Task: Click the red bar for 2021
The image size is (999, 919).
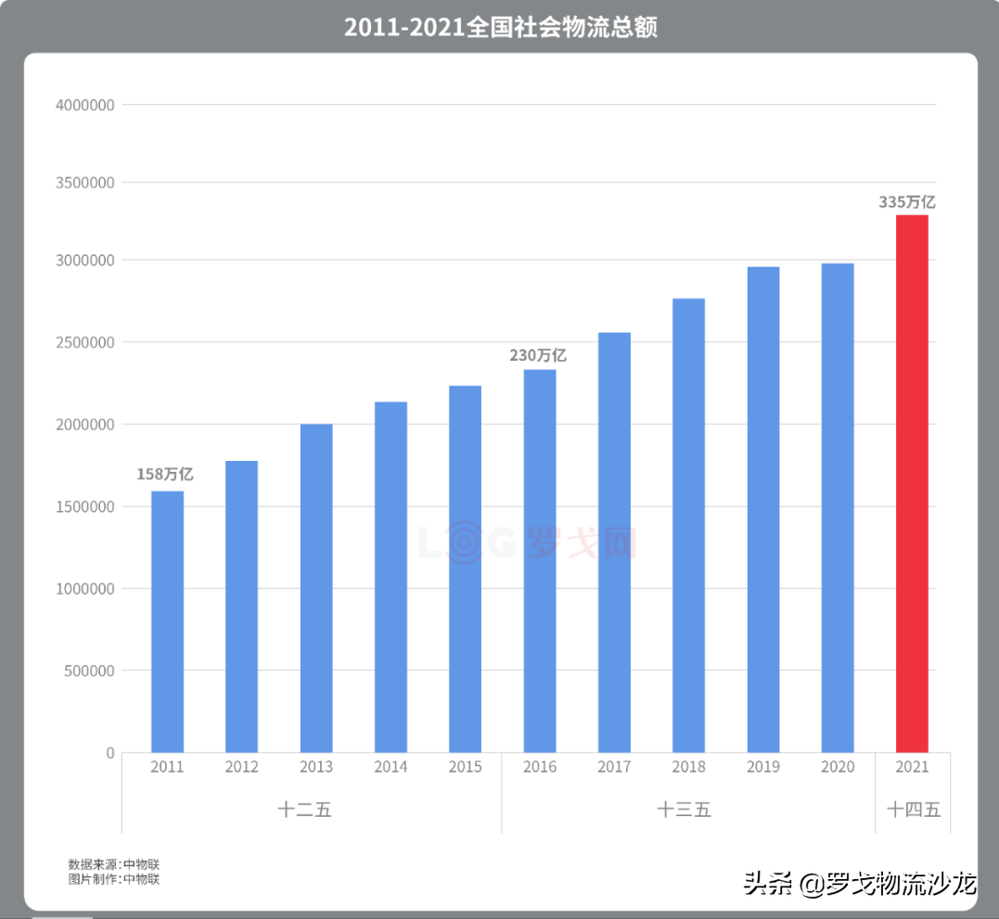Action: pyautogui.click(x=912, y=483)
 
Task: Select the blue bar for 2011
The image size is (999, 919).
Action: pyautogui.click(x=167, y=621)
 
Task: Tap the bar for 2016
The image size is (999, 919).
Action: pyautogui.click(x=540, y=560)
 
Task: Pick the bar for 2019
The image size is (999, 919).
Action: pyautogui.click(x=763, y=509)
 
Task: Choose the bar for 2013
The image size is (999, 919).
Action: pyautogui.click(x=316, y=588)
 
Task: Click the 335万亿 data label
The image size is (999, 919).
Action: pyautogui.click(x=907, y=201)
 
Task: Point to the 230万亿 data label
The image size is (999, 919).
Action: pyautogui.click(x=538, y=355)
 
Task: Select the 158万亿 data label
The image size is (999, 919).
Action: pyautogui.click(x=165, y=474)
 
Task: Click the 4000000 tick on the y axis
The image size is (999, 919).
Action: pyautogui.click(x=85, y=106)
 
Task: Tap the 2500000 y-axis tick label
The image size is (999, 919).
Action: pyautogui.click(x=85, y=343)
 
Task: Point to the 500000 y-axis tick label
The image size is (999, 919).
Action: pyautogui.click(x=89, y=670)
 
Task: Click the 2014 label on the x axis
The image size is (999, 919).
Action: pyautogui.click(x=391, y=767)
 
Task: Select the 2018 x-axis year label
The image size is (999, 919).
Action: pyautogui.click(x=688, y=767)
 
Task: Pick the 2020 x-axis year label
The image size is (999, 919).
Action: pyautogui.click(x=838, y=767)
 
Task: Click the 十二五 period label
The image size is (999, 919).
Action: pyautogui.click(x=304, y=810)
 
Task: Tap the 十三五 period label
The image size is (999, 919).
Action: pyautogui.click(x=685, y=810)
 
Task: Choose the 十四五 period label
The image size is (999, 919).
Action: pyautogui.click(x=914, y=810)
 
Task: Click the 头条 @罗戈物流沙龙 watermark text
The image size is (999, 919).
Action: pyautogui.click(x=860, y=884)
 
